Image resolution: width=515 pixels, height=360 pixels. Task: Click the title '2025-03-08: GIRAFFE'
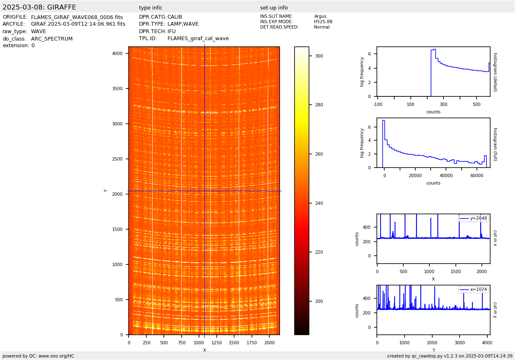tap(39, 7)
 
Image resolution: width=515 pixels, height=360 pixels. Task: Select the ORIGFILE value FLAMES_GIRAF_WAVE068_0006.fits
tap(77, 17)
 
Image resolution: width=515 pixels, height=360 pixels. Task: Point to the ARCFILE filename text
tap(78, 24)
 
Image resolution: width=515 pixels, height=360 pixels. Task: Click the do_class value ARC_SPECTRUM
tap(52, 39)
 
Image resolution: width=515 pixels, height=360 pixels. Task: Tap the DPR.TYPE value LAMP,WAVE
tap(183, 24)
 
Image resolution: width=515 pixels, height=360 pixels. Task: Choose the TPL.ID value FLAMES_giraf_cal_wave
tap(198, 39)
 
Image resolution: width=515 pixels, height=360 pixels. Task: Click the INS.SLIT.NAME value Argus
tap(320, 17)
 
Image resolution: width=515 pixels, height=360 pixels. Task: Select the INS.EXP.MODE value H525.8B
tap(323, 22)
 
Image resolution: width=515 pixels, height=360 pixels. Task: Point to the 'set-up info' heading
tap(274, 8)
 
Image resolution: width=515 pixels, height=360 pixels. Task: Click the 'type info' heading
tap(150, 8)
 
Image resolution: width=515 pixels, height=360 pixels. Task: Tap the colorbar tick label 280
tap(319, 105)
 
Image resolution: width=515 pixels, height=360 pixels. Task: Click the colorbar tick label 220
tap(319, 252)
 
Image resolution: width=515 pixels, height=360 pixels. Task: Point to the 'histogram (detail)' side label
tap(495, 72)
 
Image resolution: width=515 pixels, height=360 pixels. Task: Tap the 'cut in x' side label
tap(495, 238)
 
